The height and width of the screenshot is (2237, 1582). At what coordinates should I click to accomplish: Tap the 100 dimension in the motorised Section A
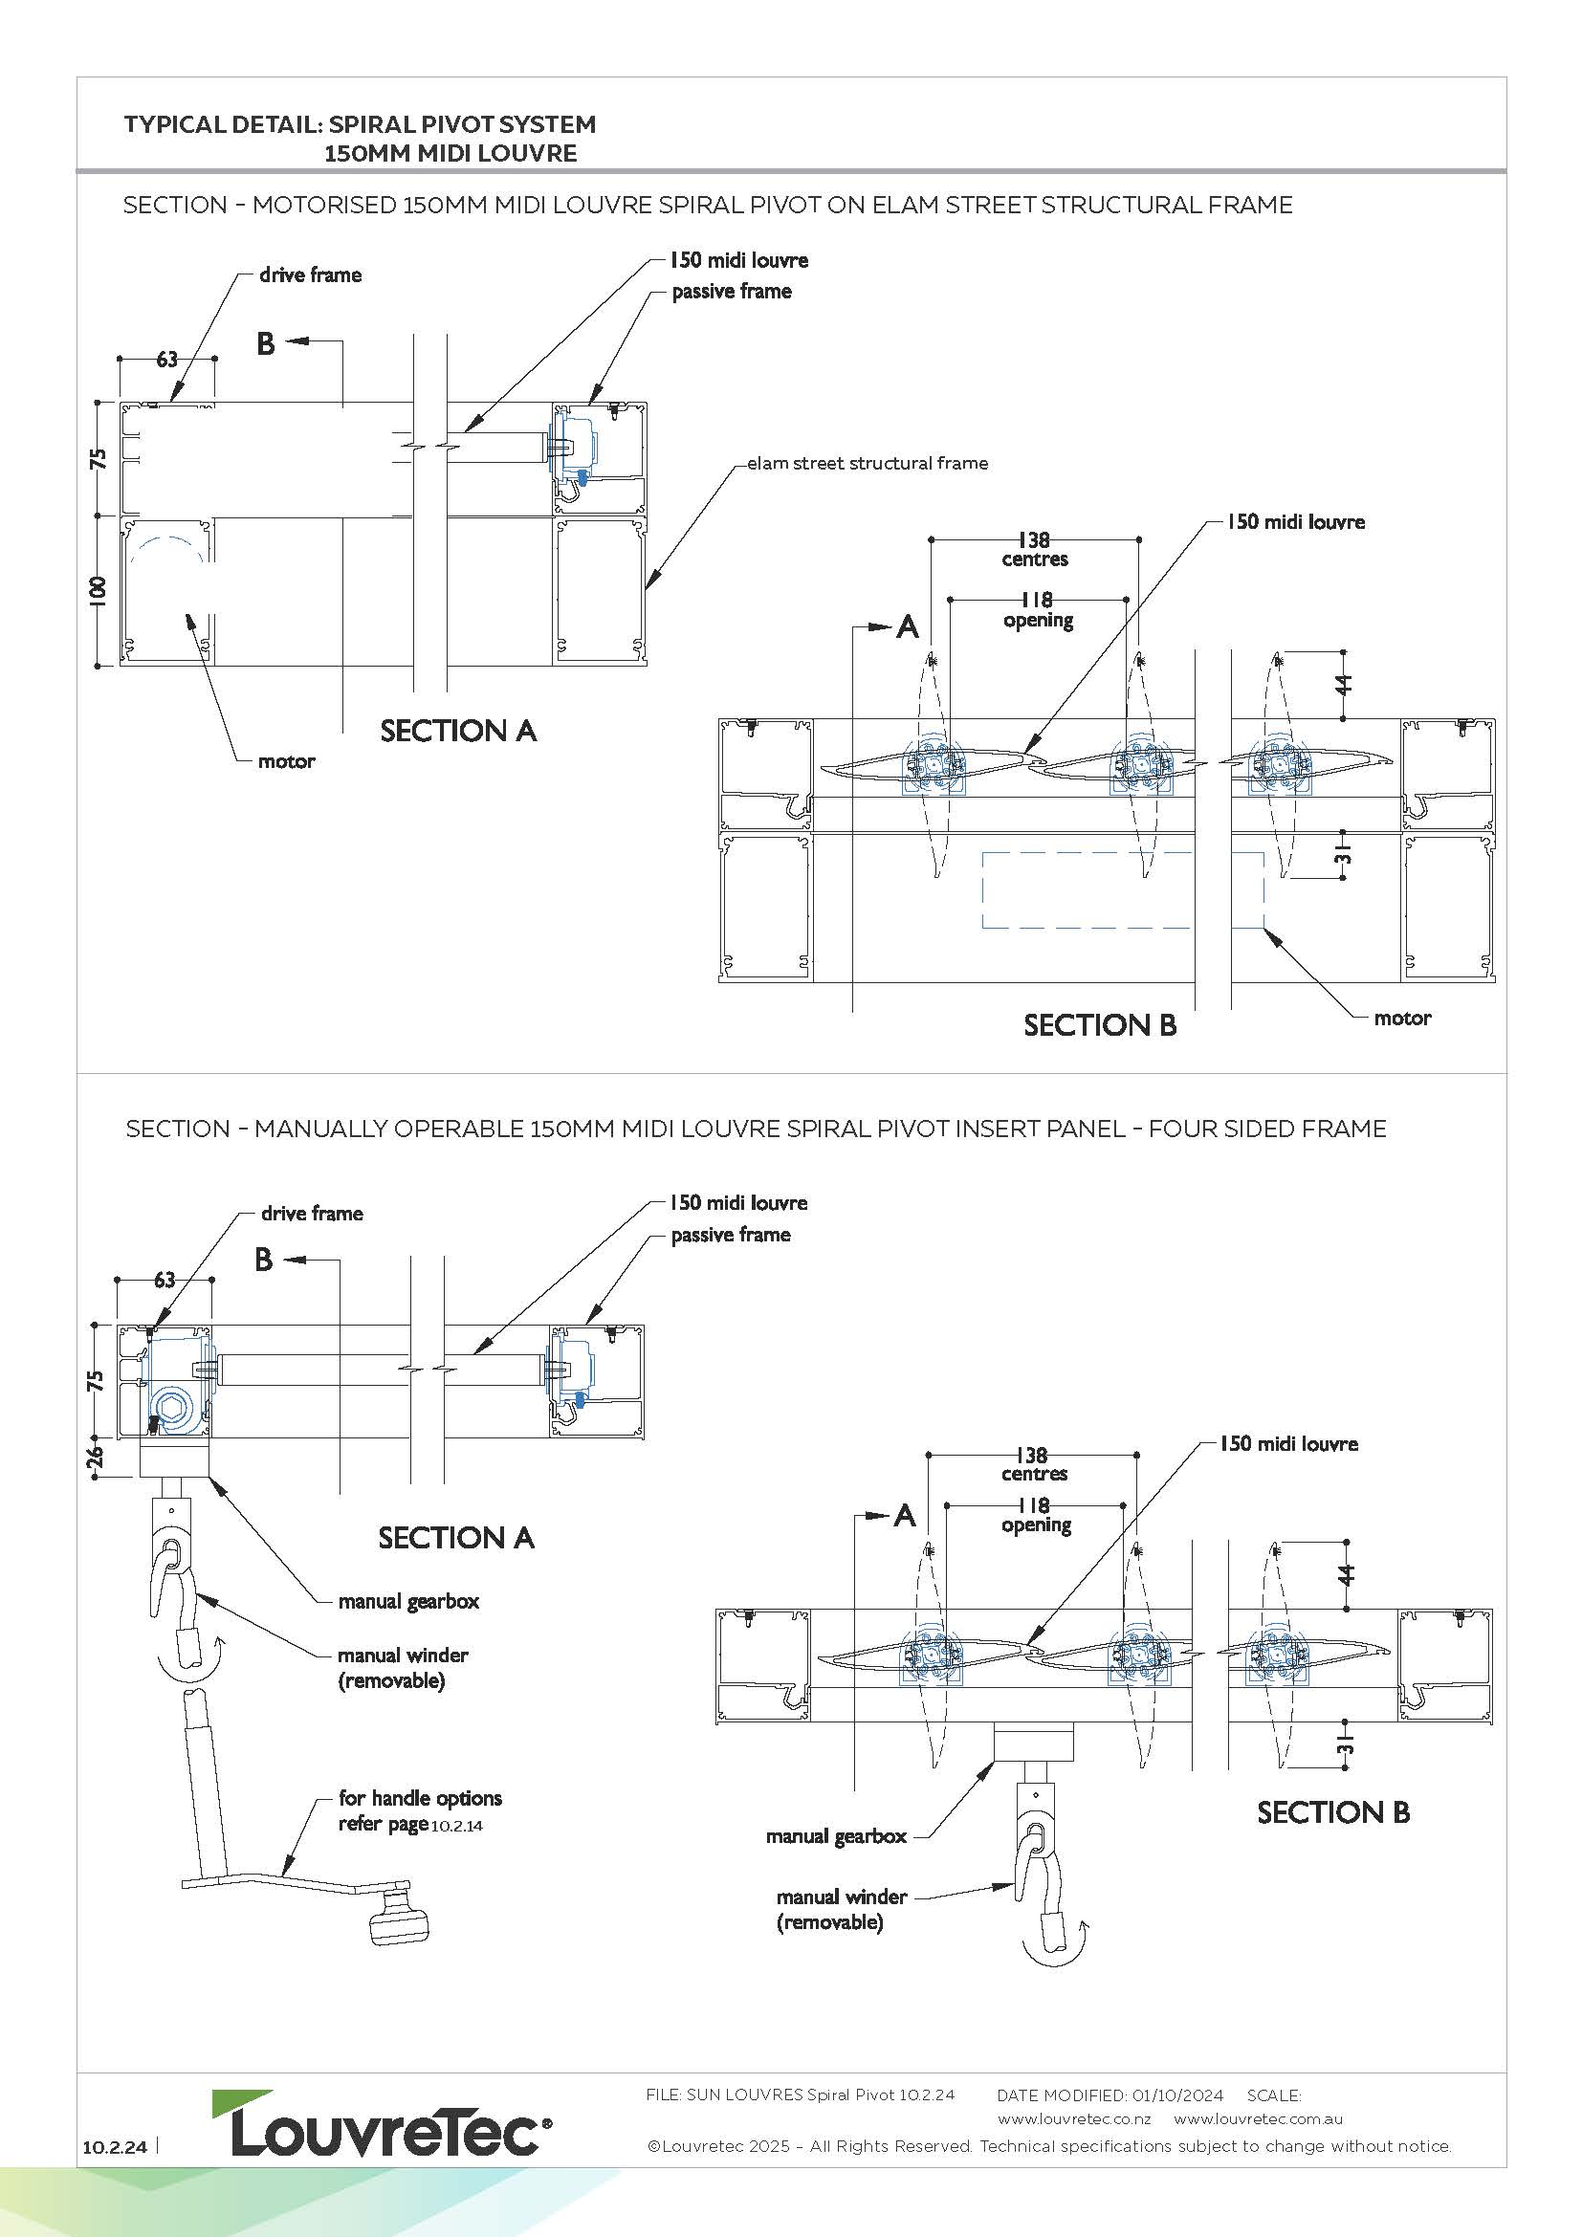(x=98, y=591)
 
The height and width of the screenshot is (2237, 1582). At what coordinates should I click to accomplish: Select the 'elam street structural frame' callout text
(x=867, y=464)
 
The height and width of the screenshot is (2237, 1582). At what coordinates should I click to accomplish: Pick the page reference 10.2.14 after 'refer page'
(x=457, y=1826)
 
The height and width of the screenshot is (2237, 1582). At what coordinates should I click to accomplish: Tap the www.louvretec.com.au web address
(x=1259, y=2119)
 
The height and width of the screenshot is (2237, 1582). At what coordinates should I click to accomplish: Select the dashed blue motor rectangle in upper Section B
(x=1122, y=889)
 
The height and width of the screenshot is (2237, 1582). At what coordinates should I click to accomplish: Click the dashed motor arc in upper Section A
(x=167, y=549)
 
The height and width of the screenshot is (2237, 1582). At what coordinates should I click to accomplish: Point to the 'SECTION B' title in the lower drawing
(x=1332, y=1812)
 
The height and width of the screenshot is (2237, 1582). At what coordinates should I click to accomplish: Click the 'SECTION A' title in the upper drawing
(x=458, y=731)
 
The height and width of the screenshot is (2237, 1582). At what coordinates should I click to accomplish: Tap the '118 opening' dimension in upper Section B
(x=1038, y=610)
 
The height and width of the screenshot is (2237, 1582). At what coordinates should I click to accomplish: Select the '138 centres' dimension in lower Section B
(x=1034, y=1463)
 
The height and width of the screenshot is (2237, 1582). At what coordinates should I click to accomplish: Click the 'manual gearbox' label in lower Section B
(x=836, y=1836)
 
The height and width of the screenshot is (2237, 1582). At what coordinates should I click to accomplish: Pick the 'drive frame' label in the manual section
(x=312, y=1213)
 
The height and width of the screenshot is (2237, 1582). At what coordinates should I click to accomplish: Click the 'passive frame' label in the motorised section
(x=732, y=292)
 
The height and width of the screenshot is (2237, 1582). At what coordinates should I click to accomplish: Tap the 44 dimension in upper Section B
(x=1344, y=684)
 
